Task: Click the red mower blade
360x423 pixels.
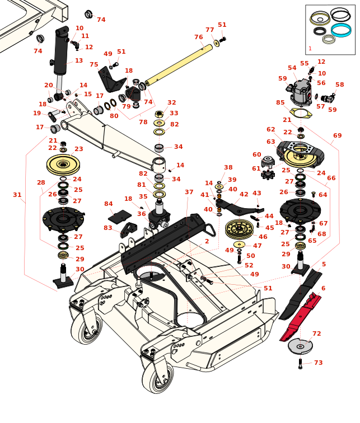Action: pyautogui.click(x=302, y=317)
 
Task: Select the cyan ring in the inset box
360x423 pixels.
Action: pyautogui.click(x=340, y=30)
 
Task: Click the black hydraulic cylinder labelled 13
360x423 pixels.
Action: pyautogui.click(x=60, y=53)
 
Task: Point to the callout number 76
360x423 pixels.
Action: pyautogui.click(x=198, y=37)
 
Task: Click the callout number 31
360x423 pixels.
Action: pyautogui.click(x=17, y=195)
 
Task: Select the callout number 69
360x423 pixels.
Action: pyautogui.click(x=337, y=135)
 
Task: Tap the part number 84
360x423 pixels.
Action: pyautogui.click(x=108, y=204)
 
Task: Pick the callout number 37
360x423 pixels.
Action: pyautogui.click(x=189, y=192)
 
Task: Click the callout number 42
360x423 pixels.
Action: pyautogui.click(x=244, y=194)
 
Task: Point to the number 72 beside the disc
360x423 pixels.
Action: pyautogui.click(x=316, y=333)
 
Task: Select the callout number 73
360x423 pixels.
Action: pyautogui.click(x=318, y=363)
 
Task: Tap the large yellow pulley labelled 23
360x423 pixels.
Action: pyautogui.click(x=63, y=164)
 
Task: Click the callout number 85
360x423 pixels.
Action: pyautogui.click(x=280, y=102)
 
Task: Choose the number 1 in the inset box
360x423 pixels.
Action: pyautogui.click(x=310, y=49)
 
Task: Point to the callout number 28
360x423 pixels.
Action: pyautogui.click(x=41, y=182)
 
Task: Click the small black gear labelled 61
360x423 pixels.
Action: pyautogui.click(x=268, y=175)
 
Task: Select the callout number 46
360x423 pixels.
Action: pyautogui.click(x=263, y=237)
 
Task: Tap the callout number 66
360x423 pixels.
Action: pyautogui.click(x=331, y=178)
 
